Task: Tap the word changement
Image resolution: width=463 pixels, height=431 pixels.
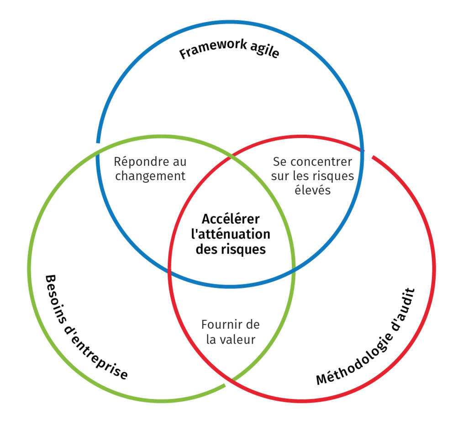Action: pos(150,176)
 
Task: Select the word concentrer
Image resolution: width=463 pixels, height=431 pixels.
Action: pos(321,162)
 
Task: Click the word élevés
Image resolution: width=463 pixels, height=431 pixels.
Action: pos(312,190)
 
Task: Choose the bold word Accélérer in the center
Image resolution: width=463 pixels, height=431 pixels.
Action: pos(231,219)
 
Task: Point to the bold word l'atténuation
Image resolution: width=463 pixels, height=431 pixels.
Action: pos(231,234)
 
